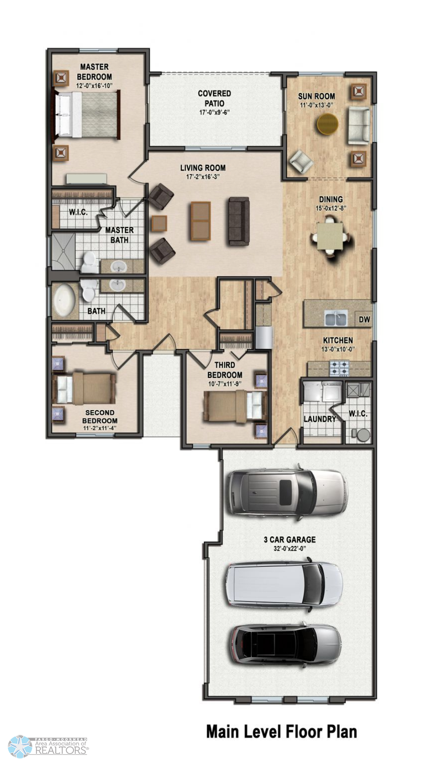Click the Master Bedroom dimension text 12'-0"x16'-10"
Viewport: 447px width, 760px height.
94,86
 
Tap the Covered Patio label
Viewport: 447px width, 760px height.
214,98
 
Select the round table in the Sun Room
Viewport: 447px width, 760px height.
328,124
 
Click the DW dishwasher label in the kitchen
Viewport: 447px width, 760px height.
365,319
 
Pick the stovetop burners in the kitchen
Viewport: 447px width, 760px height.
340,369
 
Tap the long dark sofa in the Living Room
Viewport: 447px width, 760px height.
239,221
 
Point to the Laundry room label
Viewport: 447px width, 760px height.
319,419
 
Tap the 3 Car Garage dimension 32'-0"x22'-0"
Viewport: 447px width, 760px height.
290,548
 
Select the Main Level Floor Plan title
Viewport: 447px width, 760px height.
282,731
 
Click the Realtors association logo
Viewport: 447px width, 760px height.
48,746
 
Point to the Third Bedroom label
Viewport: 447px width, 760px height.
225,370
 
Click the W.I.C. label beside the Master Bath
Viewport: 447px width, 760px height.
78,212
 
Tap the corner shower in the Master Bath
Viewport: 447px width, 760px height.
64,251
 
